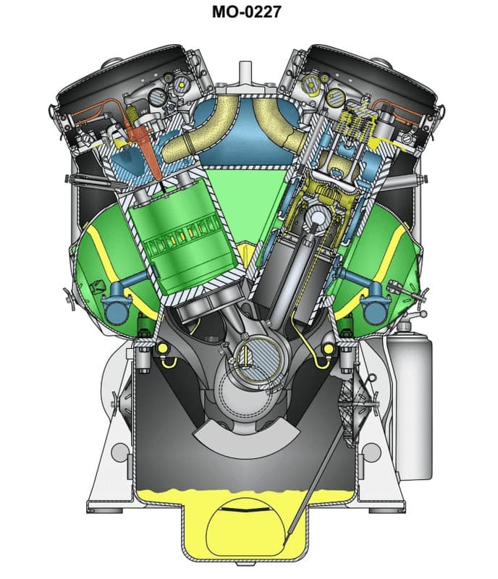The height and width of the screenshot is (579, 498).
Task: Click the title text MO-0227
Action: (x=248, y=12)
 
